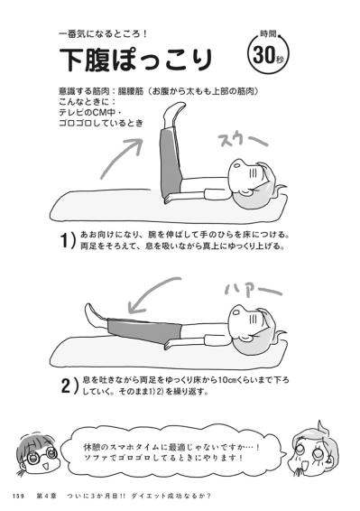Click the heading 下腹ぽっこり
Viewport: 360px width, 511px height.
pos(135,60)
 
